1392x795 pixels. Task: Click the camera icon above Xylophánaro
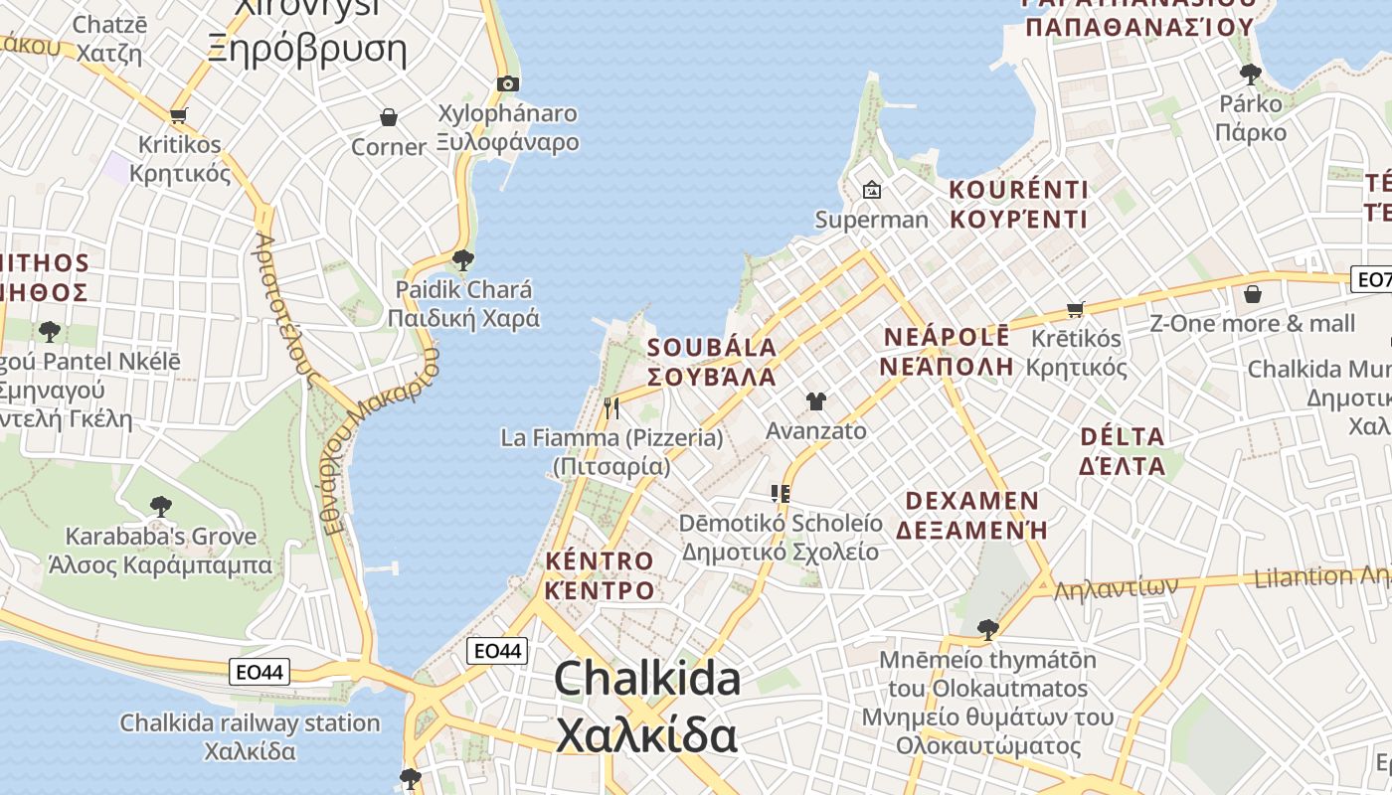pos(508,83)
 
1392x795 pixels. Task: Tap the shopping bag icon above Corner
pos(389,117)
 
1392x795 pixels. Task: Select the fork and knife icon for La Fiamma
pos(611,407)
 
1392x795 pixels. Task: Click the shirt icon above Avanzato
pos(816,401)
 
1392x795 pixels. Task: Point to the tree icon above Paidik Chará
pos(462,260)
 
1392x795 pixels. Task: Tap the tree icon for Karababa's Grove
pos(160,507)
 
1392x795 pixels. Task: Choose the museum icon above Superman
pos(872,189)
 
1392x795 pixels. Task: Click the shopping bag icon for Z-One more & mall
pos(1253,294)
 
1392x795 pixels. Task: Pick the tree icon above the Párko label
pos(1251,74)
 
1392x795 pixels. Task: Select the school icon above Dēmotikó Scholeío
pos(781,493)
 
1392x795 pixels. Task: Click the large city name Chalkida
pos(647,680)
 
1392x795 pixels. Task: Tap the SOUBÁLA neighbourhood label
pos(712,348)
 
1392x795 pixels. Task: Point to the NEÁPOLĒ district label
pos(947,337)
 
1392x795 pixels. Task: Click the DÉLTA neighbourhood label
pos(1122,436)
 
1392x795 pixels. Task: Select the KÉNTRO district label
pos(600,561)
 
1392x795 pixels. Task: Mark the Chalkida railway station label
pos(250,722)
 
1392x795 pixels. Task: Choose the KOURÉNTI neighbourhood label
pos(1018,190)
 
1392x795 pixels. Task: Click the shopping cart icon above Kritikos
pos(179,115)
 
